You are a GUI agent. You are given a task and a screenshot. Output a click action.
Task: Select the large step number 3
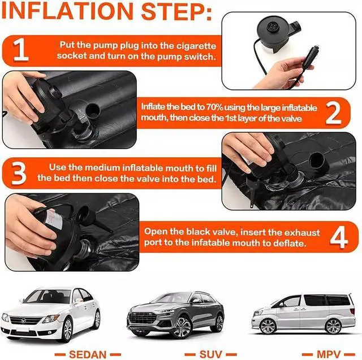coord(19,174)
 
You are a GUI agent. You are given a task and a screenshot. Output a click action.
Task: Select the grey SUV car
coord(175,314)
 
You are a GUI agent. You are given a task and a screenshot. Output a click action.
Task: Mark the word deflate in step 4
coord(290,244)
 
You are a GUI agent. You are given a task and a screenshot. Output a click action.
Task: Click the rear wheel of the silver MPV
coord(333,326)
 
